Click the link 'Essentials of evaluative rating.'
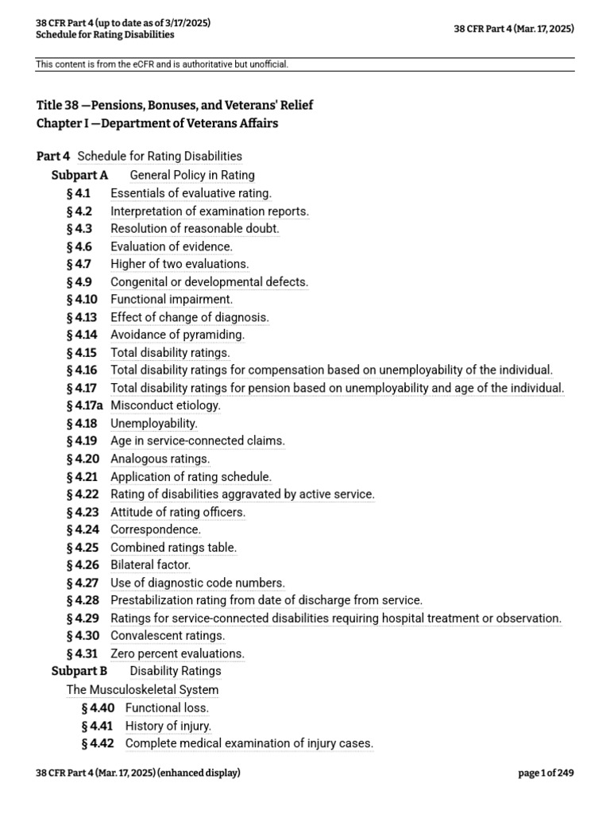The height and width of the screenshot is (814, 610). click(x=191, y=193)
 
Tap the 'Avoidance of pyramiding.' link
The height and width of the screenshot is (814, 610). click(x=177, y=335)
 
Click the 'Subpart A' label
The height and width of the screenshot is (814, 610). click(x=79, y=175)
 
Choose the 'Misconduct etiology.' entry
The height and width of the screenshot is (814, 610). click(x=165, y=405)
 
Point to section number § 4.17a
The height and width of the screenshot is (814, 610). click(x=86, y=405)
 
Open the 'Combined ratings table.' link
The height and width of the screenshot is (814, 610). click(x=173, y=548)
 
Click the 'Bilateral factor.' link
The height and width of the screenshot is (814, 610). click(x=150, y=565)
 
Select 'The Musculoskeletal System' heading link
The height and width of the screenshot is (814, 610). click(x=142, y=690)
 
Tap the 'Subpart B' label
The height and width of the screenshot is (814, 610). click(x=79, y=671)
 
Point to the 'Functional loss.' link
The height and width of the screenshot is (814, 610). click(x=167, y=707)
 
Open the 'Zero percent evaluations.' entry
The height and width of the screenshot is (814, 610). click(x=177, y=653)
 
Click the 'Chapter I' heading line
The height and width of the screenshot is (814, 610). click(x=157, y=123)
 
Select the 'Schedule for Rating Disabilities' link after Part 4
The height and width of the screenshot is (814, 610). click(x=160, y=157)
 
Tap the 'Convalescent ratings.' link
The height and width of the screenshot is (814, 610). click(x=168, y=636)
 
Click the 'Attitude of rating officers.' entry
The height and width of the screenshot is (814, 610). click(x=178, y=512)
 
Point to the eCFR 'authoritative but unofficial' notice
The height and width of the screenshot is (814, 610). click(x=162, y=64)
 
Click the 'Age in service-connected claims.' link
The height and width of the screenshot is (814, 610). click(x=197, y=441)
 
